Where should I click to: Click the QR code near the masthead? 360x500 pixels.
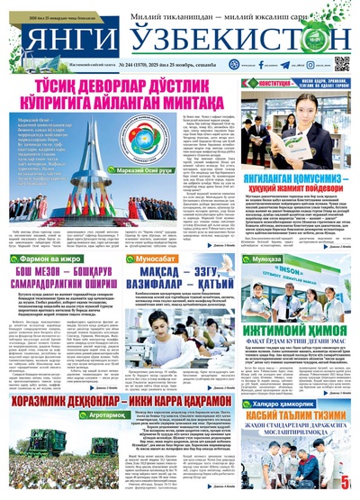(342, 64)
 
